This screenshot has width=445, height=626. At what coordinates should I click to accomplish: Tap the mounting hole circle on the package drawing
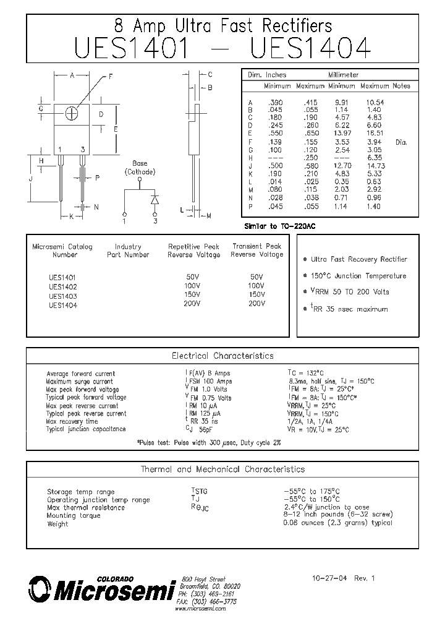coord(72,114)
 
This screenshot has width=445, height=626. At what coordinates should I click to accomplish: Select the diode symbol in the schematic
coord(155,199)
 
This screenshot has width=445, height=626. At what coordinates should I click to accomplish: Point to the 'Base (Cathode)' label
coord(140,168)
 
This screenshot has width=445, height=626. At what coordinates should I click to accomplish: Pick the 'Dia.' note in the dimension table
coord(401,142)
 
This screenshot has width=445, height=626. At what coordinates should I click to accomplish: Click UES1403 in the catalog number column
coord(62,296)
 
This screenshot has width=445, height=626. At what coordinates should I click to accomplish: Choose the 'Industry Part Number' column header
coord(128,251)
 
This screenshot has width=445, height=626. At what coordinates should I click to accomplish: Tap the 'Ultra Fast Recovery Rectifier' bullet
coord(358,260)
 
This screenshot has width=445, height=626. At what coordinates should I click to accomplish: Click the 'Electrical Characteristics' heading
coord(222,356)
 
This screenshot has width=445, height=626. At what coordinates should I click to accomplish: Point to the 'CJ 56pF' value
coord(199,429)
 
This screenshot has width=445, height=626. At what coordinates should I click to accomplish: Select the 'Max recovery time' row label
coord(72,421)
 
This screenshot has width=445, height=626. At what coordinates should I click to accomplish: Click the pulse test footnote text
coord(209,443)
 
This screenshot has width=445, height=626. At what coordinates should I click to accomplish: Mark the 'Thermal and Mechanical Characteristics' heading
coord(222,469)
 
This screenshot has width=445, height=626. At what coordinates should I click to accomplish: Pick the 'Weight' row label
coord(57,524)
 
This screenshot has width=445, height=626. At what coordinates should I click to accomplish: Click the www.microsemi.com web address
coord(200,609)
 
